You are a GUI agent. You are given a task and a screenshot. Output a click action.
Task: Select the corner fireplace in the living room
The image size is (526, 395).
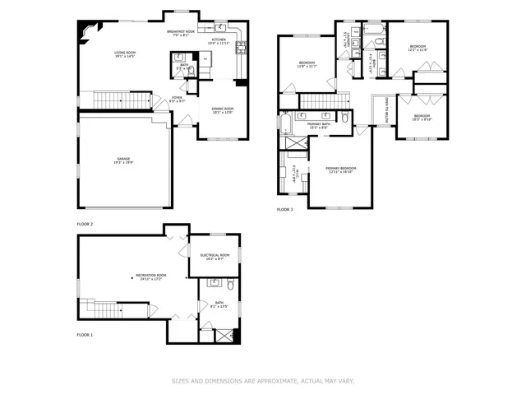point(85,30)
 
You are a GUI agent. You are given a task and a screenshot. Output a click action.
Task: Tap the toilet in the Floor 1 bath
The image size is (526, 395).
point(231,286)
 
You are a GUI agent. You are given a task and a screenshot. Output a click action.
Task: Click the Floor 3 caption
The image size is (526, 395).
point(284,210)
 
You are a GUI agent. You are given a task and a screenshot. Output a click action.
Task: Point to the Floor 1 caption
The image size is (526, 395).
point(85,335)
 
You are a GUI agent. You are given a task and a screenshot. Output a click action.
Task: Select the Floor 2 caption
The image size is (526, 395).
point(85,224)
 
